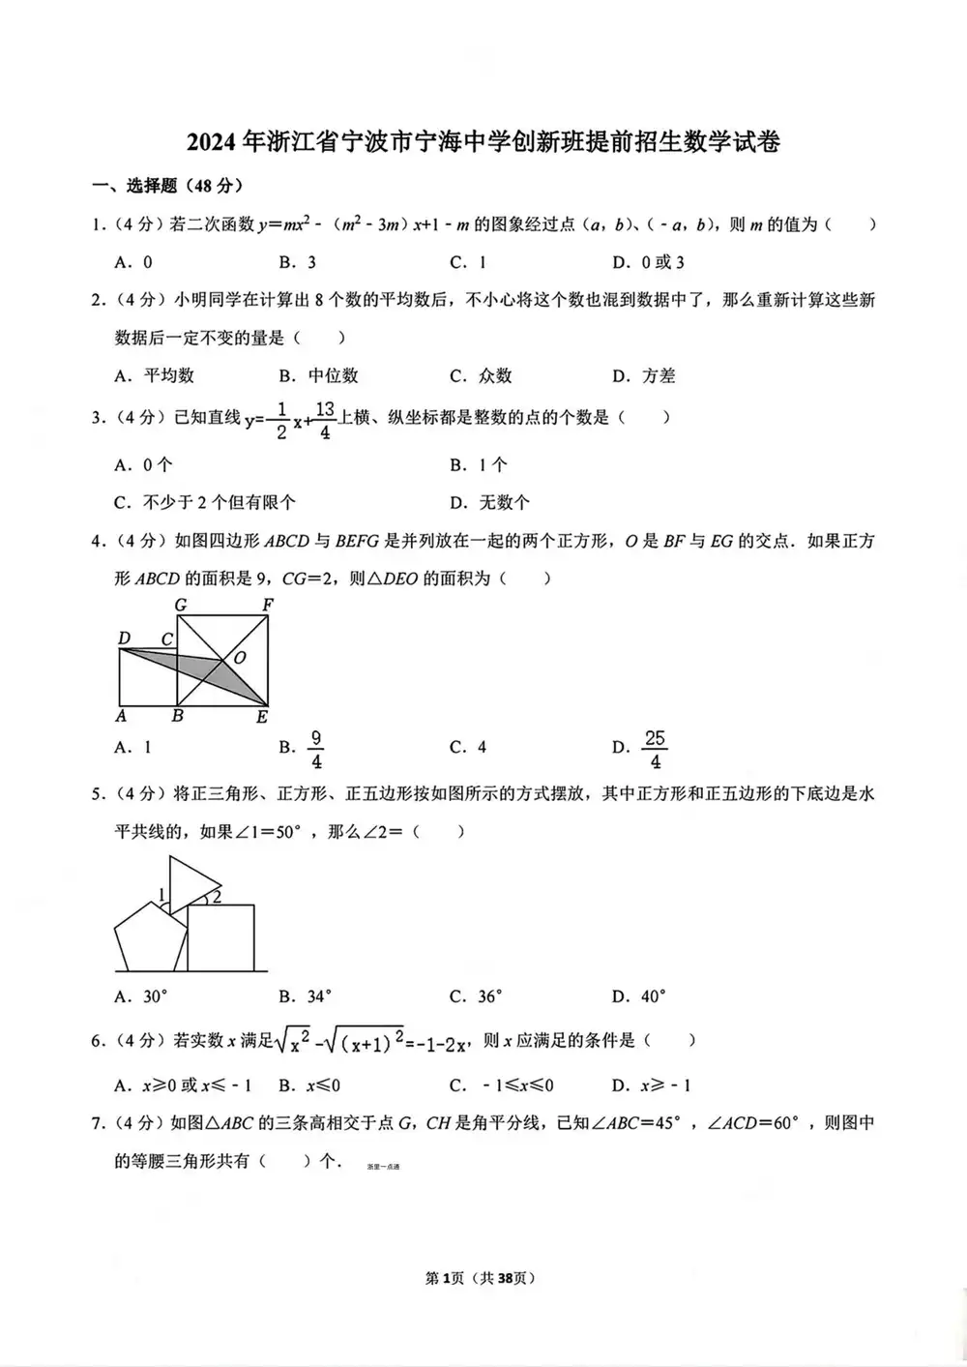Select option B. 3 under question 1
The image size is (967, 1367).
pyautogui.click(x=298, y=262)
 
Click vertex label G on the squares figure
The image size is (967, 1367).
pyautogui.click(x=180, y=606)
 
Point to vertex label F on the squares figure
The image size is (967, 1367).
pyautogui.click(x=268, y=606)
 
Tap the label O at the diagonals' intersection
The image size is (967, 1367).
pyautogui.click(x=240, y=657)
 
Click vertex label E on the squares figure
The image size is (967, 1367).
pyautogui.click(x=262, y=717)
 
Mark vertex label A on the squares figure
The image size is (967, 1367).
pyautogui.click(x=121, y=716)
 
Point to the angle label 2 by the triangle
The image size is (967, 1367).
pyautogui.click(x=217, y=897)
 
